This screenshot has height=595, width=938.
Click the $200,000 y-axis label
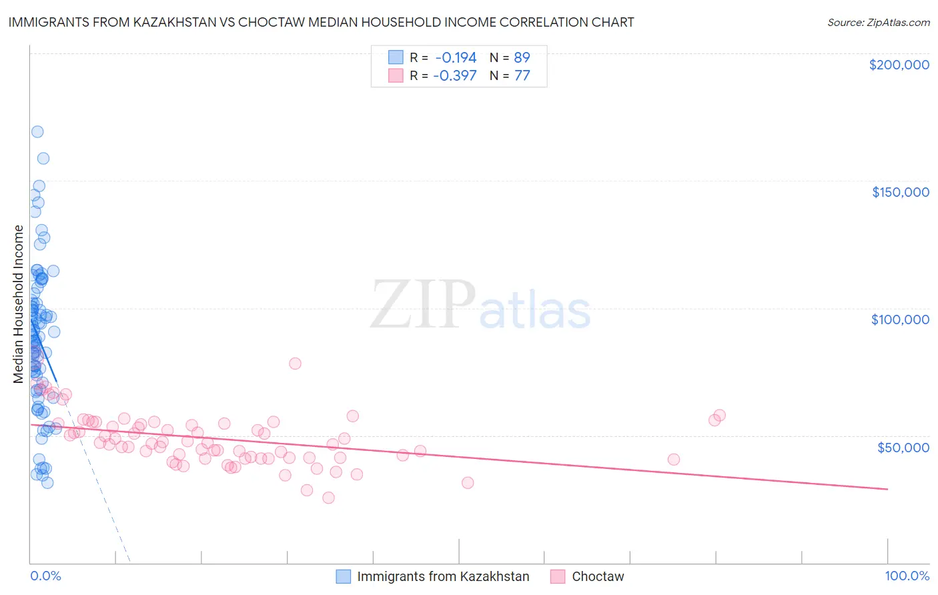coord(899,65)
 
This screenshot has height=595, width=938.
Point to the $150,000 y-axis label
coord(900,192)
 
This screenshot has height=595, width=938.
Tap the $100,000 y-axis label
coord(900,320)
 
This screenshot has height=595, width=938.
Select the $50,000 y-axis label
coord(903,447)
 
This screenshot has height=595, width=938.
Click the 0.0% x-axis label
coord(45,576)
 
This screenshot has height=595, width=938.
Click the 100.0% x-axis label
coord(907,576)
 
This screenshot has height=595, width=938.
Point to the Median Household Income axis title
coord(19,304)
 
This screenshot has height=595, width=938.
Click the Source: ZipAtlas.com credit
coord(878,22)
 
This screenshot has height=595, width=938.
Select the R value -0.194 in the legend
coord(456,57)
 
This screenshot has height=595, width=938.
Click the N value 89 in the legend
coord(522,57)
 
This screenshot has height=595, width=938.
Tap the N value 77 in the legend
coord(522,75)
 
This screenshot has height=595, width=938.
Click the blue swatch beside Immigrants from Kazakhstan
coord(343,576)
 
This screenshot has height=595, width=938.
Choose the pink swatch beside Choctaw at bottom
coord(558,576)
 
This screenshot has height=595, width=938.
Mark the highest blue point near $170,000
coord(37,131)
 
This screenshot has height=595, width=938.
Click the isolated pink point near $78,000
coord(295,364)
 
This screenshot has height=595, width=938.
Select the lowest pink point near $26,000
coord(328,498)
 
